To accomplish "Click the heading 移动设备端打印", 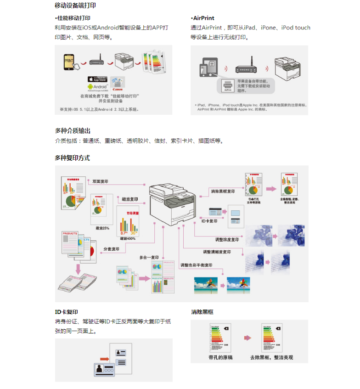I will pyautogui.click(x=75, y=6).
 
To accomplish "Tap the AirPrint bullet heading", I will pyautogui.click(x=203, y=18).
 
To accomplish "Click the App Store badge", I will pyautogui.click(x=97, y=79).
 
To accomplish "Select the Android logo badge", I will pyautogui.click(x=96, y=86).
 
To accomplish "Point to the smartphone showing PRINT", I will pyautogui.click(x=69, y=62).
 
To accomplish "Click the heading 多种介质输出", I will pyautogui.click(x=73, y=131).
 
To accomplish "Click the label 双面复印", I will pyautogui.click(x=100, y=181).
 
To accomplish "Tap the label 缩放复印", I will pyautogui.click(x=130, y=199).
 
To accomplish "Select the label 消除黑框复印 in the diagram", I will pyautogui.click(x=223, y=191).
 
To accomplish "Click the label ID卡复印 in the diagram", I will pyautogui.click(x=209, y=221).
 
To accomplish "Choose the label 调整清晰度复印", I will pyautogui.click(x=217, y=252).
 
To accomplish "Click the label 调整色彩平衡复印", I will pyautogui.click(x=196, y=265).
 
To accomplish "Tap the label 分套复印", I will pyautogui.click(x=111, y=249).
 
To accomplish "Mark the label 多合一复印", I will pyautogui.click(x=149, y=258).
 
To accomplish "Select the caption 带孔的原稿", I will pyautogui.click(x=220, y=357).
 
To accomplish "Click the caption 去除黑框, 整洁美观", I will pyautogui.click(x=271, y=357).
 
